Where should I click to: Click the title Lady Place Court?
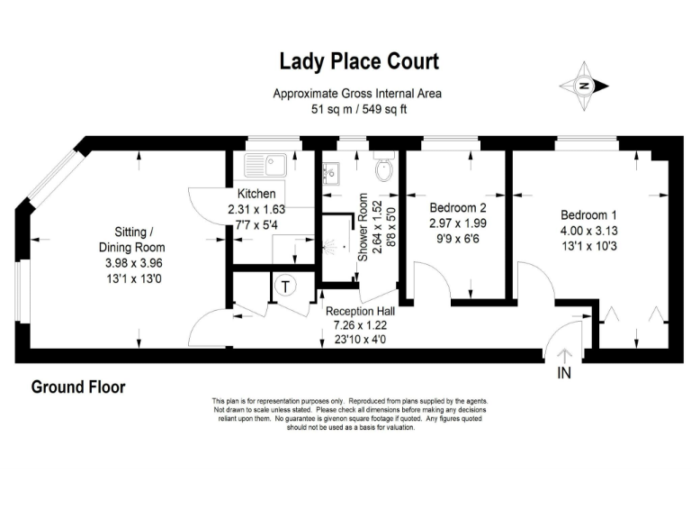tap(359, 61)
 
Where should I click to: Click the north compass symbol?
tap(584, 86)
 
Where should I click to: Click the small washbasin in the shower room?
tap(330, 171)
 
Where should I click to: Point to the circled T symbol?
tap(285, 287)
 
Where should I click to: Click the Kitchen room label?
tap(256, 194)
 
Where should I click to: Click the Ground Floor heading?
tap(78, 387)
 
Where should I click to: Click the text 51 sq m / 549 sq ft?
tap(358, 109)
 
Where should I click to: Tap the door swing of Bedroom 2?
tap(434, 280)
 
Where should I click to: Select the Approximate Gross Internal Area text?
tap(358, 94)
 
